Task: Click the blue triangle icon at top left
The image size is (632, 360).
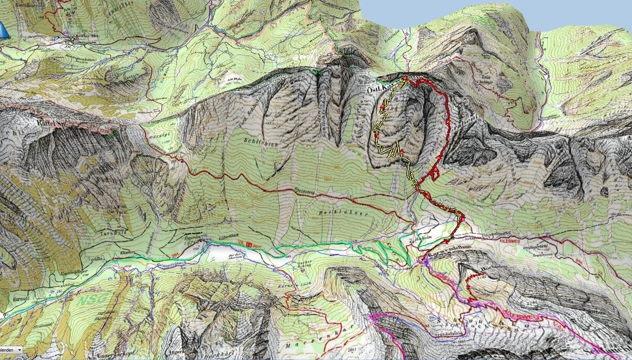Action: click(4, 31)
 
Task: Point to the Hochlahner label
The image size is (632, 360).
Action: click(333, 214)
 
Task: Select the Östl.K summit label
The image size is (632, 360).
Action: click(375, 91)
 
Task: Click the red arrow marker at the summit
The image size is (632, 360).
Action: click(405, 78)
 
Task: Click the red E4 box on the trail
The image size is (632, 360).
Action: click(249, 244)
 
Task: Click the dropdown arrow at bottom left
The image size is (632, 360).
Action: click(19, 349)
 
